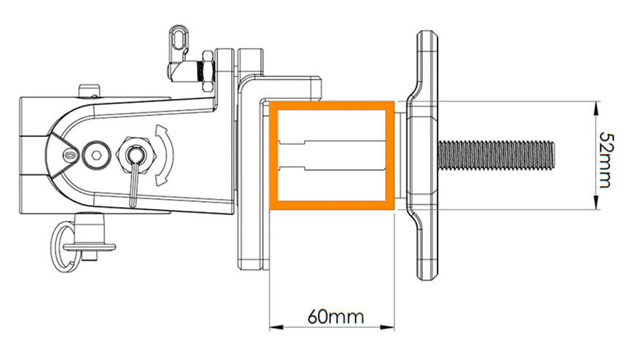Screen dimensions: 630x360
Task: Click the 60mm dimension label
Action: pyautogui.click(x=335, y=317)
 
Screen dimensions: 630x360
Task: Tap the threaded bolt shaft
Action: pyautogui.click(x=497, y=155)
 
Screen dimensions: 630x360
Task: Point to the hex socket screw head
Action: pyautogui.click(x=96, y=155)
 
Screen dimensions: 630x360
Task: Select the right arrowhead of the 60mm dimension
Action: pyautogui.click(x=387, y=327)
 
